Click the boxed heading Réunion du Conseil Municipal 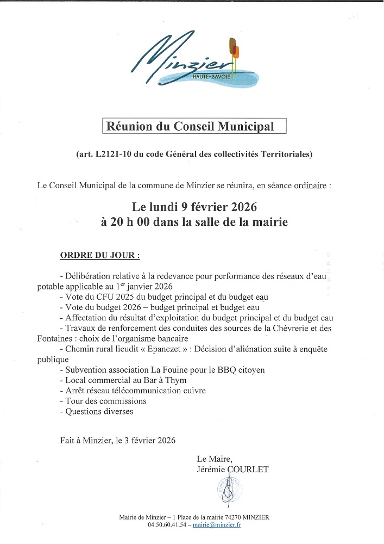(194, 127)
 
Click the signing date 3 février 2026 (149, 441)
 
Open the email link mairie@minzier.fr (221, 525)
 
